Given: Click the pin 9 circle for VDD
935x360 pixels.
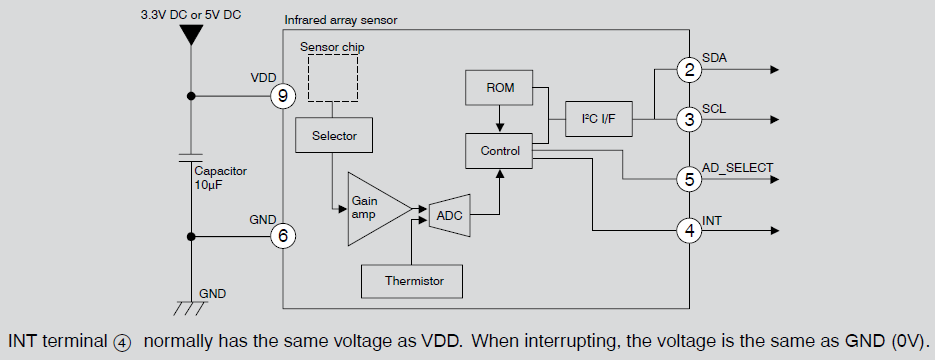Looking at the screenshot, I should click(x=283, y=96).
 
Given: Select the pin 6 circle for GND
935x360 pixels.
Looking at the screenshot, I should click(x=283, y=236).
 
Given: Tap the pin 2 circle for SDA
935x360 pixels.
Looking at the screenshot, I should click(x=688, y=70).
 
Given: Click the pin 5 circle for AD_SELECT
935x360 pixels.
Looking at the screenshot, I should click(x=688, y=180).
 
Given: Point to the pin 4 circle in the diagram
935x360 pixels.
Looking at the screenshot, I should click(x=688, y=231).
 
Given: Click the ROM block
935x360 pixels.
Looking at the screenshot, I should click(x=500, y=88).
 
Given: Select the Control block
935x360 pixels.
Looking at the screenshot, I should click(x=500, y=151).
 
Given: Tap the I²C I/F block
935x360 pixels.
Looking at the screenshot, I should click(x=598, y=119).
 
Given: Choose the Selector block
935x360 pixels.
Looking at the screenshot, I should click(x=334, y=135).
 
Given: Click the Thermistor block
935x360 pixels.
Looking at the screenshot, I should click(x=413, y=281).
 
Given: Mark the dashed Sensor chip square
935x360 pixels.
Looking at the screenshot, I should click(x=333, y=78).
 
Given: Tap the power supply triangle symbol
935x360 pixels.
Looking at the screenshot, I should click(x=189, y=36).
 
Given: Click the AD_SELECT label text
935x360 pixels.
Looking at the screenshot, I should click(x=738, y=167).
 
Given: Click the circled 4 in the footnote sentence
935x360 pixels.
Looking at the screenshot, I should click(x=122, y=341).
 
